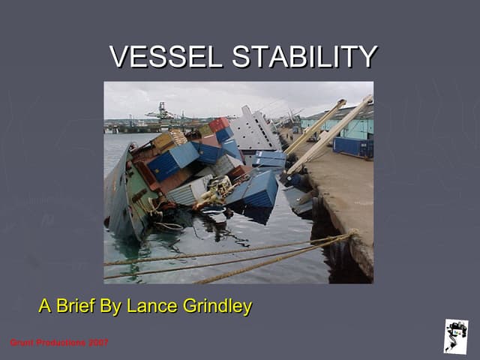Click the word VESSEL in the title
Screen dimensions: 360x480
pos(166,57)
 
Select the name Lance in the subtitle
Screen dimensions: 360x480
pos(150,306)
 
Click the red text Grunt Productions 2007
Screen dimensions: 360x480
pos(59,343)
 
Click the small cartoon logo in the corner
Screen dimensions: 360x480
pos(455,335)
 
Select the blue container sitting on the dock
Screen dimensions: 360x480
pos(353,146)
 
